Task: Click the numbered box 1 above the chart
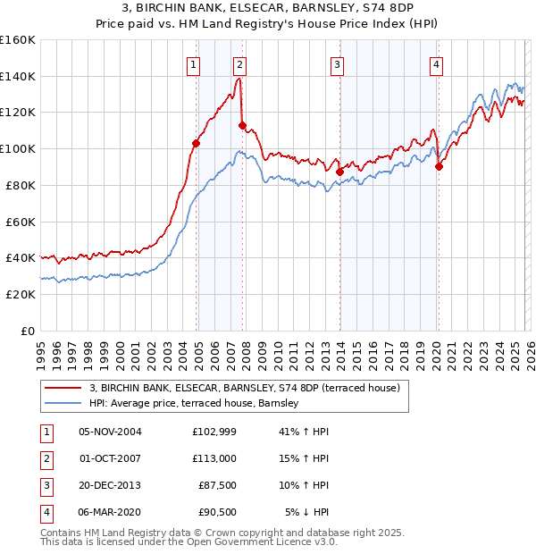click(x=194, y=64)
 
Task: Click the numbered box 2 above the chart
click(x=240, y=64)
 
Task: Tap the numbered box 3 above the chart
click(x=337, y=64)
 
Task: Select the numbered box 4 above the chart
click(x=436, y=64)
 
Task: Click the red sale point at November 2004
click(x=197, y=143)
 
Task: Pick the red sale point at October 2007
click(x=242, y=125)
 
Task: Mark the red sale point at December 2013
click(x=339, y=172)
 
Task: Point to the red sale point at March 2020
click(x=439, y=165)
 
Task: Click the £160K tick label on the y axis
click(x=18, y=40)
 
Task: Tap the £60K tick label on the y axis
click(x=21, y=222)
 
